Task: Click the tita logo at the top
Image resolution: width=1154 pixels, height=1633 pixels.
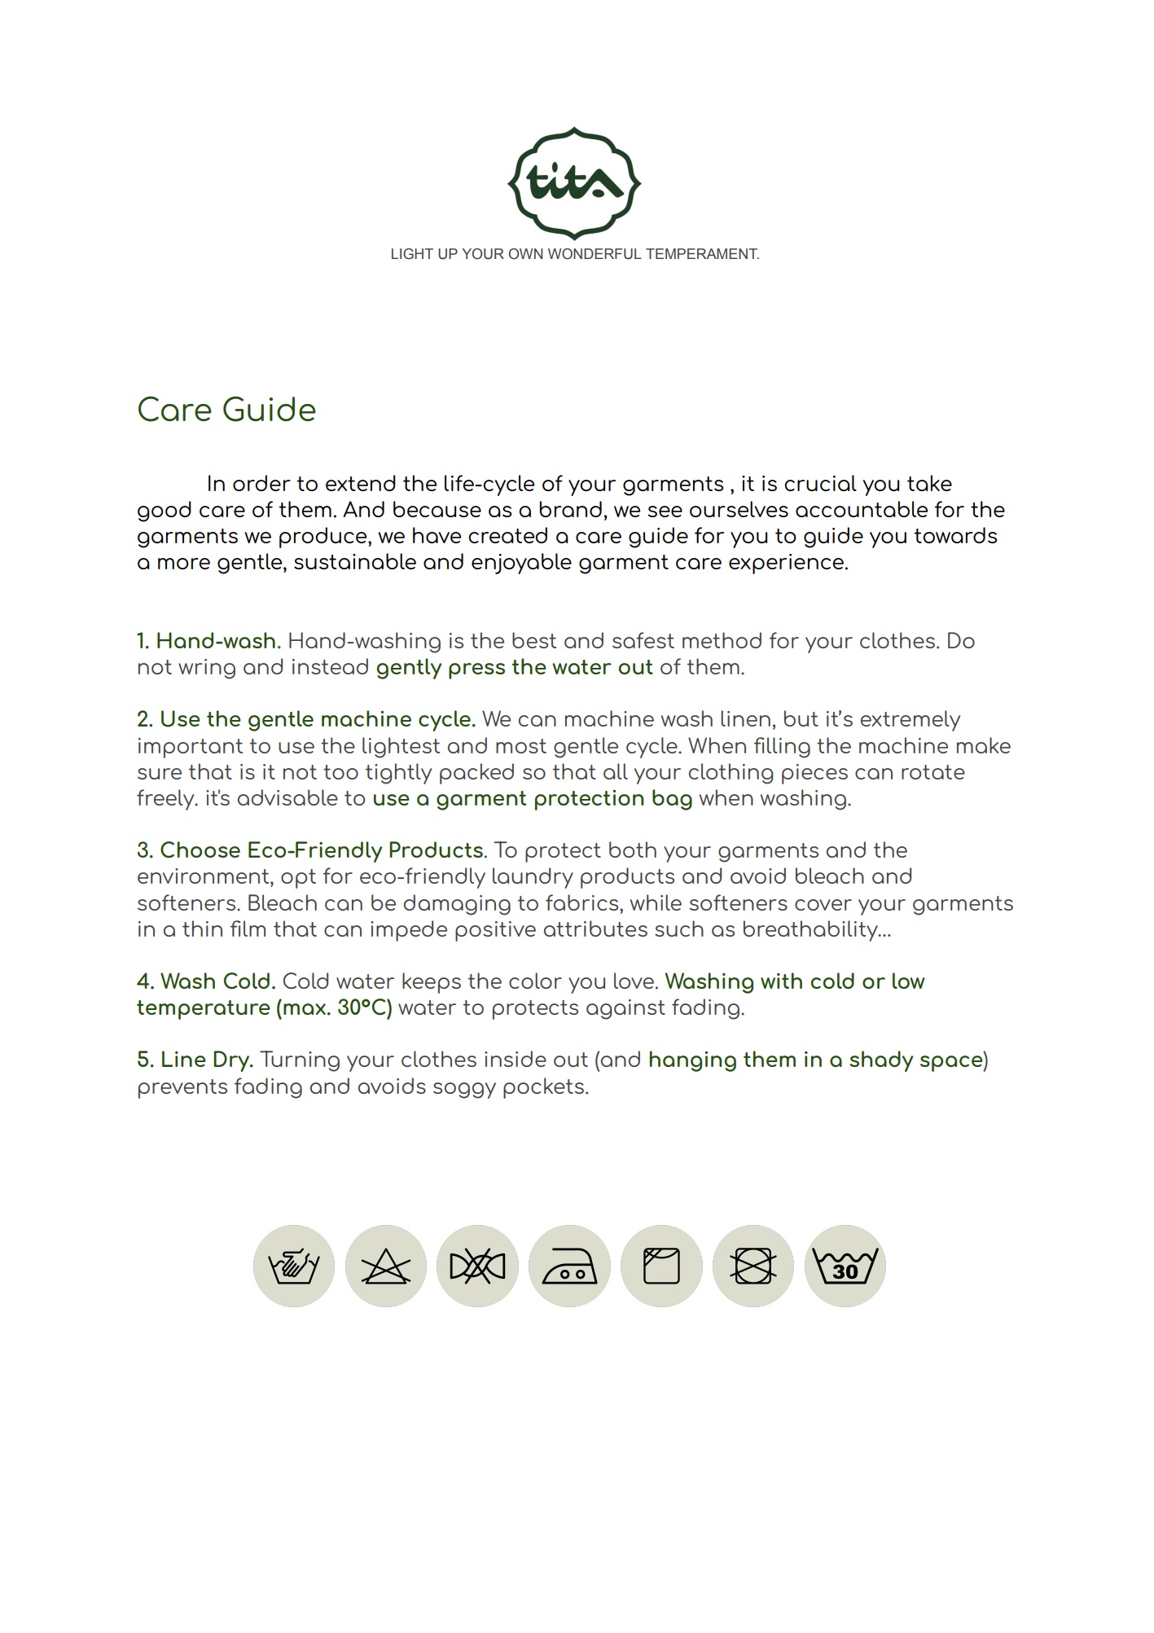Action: [574, 182]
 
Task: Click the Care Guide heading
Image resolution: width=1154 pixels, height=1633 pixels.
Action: [226, 410]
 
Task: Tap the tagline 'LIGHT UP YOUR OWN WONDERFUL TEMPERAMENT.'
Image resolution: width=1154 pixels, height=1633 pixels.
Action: [574, 254]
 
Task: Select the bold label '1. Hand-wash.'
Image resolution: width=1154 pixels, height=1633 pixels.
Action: [208, 641]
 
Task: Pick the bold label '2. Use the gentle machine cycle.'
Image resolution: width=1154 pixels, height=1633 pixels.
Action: [305, 719]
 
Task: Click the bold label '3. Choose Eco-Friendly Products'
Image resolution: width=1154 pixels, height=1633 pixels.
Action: [310, 850]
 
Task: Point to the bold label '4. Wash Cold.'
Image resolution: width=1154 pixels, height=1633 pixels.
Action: [206, 981]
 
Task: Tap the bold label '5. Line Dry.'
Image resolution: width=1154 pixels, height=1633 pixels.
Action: [195, 1060]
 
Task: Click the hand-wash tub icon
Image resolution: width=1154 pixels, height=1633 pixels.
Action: [294, 1266]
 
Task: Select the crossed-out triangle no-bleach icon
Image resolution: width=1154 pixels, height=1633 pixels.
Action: [386, 1266]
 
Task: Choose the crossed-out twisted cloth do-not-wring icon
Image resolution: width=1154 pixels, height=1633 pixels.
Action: [477, 1266]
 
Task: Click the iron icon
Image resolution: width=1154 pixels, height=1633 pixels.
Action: [569, 1266]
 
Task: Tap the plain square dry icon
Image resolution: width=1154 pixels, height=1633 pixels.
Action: [661, 1266]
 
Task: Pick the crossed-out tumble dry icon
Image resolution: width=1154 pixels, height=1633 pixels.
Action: [753, 1266]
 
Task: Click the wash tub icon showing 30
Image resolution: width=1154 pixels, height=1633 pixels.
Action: [845, 1266]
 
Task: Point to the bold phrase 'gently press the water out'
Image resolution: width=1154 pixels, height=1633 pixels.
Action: [514, 668]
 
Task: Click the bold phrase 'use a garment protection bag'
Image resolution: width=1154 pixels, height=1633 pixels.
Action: [532, 799]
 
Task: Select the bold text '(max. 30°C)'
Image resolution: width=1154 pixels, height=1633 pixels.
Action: [334, 1008]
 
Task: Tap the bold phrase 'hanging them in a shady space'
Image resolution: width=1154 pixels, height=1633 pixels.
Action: [815, 1060]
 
